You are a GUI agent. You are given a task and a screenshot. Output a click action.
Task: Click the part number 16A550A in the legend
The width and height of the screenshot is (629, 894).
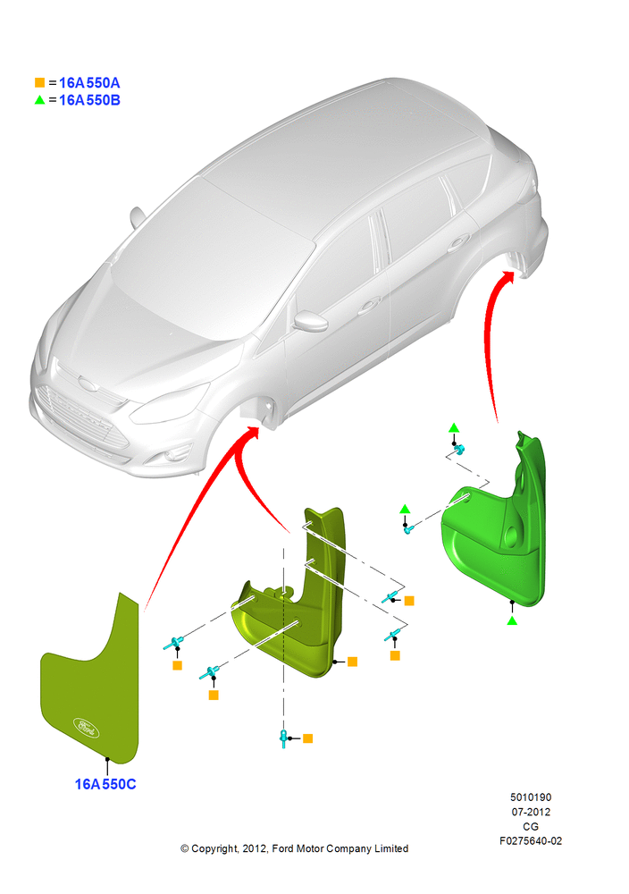[x=89, y=83]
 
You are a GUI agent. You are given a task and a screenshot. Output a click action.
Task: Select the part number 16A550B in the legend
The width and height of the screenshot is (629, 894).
[x=89, y=100]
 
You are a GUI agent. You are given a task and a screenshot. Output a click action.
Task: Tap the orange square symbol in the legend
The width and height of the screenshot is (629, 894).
[x=39, y=82]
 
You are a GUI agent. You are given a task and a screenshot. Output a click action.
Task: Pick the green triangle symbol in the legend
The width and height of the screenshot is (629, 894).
[x=39, y=100]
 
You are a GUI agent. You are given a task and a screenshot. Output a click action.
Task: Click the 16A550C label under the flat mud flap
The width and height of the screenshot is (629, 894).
[x=105, y=785]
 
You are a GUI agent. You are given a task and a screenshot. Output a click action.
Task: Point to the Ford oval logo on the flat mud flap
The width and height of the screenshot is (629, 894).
[x=86, y=726]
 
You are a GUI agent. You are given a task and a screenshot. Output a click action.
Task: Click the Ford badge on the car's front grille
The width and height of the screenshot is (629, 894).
[x=88, y=384]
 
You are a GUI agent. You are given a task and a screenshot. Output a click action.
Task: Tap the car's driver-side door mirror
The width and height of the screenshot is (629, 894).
[x=311, y=322]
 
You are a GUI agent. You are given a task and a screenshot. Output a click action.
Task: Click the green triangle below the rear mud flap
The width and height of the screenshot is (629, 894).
[x=512, y=620]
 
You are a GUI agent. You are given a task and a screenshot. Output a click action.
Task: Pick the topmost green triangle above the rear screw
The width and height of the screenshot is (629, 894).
[x=454, y=427]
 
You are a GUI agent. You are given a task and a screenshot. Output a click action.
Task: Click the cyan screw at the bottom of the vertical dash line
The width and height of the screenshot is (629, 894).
[x=283, y=738]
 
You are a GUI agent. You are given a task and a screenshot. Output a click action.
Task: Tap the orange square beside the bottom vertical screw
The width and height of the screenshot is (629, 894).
[x=307, y=738]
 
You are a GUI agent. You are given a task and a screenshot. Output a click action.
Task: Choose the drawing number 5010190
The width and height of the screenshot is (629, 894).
[x=531, y=797]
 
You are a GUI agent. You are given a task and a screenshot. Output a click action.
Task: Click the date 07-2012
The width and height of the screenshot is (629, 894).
[x=531, y=812]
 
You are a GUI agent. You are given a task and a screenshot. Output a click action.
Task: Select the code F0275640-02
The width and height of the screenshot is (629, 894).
[x=531, y=841]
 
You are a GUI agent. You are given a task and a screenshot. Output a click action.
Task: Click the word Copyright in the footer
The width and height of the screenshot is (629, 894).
[x=214, y=849]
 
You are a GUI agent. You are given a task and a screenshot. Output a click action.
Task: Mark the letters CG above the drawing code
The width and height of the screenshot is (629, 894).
[x=531, y=826]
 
